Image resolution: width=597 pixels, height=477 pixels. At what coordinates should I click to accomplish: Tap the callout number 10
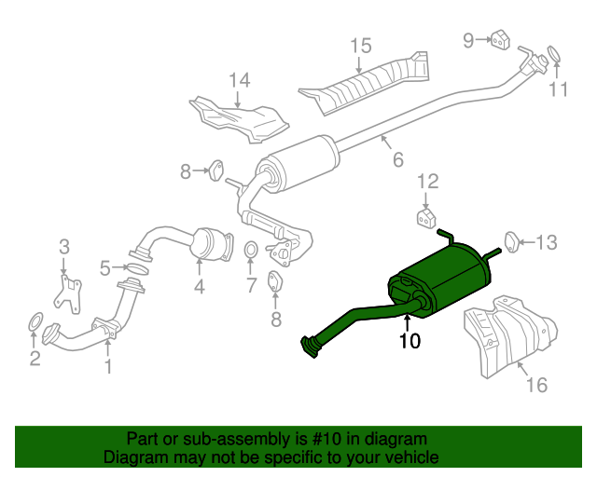coord(410,341)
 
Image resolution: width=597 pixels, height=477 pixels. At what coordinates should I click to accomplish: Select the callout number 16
coord(536,384)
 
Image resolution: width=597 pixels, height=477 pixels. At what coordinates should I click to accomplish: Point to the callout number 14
coord(240,81)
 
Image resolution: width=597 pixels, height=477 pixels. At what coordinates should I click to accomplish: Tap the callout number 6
coord(397,160)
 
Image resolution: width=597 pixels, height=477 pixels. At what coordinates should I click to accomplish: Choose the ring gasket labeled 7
coord(251,251)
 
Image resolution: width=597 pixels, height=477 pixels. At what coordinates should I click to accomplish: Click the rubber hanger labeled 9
coord(499,39)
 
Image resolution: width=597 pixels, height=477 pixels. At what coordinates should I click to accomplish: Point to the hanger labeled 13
coord(511,241)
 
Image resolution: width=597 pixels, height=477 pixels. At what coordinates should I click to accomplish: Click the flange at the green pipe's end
coord(307,347)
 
